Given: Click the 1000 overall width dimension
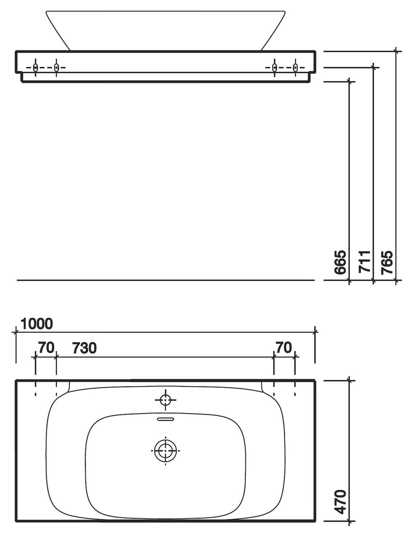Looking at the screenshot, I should pos(36,324).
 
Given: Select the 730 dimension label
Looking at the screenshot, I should pos(84,348).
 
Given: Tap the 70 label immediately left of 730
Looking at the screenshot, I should pos(46,348).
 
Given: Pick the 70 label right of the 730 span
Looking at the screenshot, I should pos(283,348).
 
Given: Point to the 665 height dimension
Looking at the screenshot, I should pos(340,263).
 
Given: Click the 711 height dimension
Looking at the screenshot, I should pos(365,263).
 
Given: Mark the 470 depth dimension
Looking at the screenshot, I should pos(340,502).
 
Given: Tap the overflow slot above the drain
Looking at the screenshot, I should pos(165,419).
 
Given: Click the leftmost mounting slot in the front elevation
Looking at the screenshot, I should pos(36,68).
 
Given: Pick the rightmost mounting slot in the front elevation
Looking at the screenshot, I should pos(295,68).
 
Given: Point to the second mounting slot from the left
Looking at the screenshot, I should pos(56,68).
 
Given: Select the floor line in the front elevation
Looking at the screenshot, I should pos(165,280).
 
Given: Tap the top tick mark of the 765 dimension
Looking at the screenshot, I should pos(396,51).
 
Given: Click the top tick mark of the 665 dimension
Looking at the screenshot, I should pos(350,82).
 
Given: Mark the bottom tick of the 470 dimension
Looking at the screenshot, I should pos(350,521).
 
